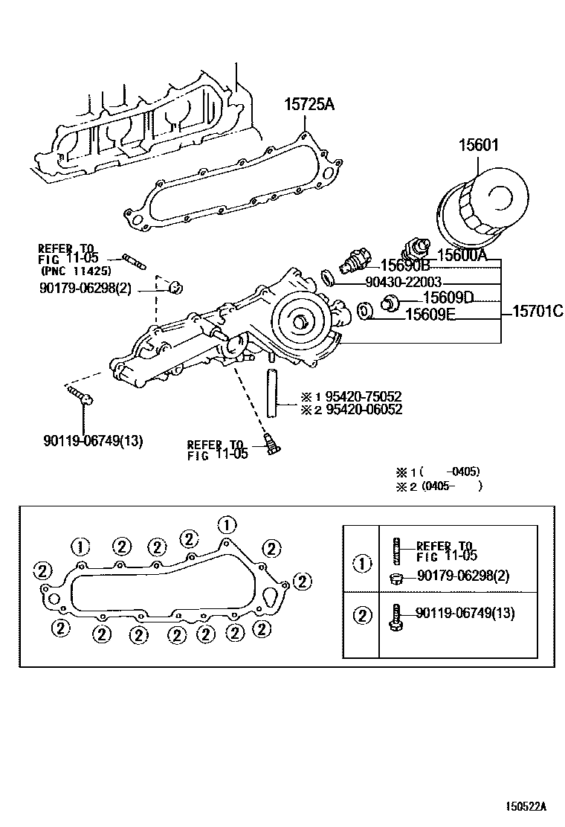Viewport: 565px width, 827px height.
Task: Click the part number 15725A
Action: [x=309, y=105]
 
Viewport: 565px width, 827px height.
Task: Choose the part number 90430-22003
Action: [x=404, y=282]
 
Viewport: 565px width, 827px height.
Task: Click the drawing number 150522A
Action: [x=528, y=805]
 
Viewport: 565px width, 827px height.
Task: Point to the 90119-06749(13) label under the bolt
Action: [x=93, y=441]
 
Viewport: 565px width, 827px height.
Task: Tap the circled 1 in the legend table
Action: [x=362, y=564]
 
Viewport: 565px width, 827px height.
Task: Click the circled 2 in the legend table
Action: [x=362, y=615]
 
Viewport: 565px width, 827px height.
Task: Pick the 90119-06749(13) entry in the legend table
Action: [x=465, y=613]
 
